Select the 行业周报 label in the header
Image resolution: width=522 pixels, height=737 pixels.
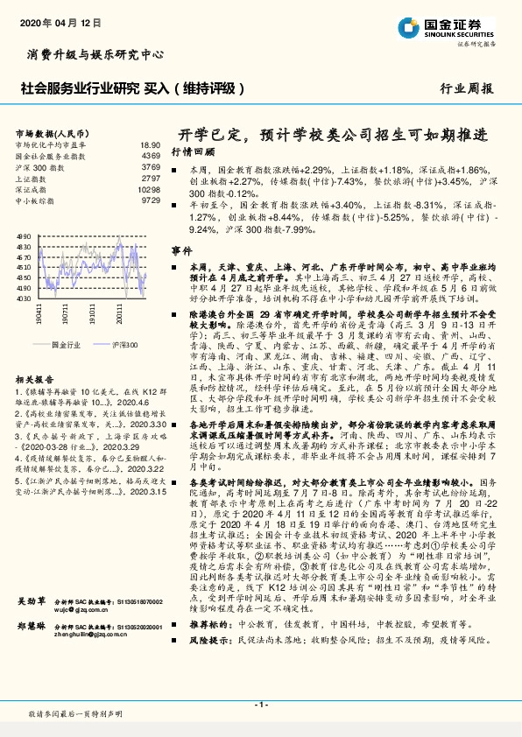tap(466, 88)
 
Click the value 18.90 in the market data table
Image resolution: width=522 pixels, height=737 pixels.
tap(150, 144)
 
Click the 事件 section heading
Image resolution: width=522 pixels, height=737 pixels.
tap(180, 250)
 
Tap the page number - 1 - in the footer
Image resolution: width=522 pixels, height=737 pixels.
tap(261, 705)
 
